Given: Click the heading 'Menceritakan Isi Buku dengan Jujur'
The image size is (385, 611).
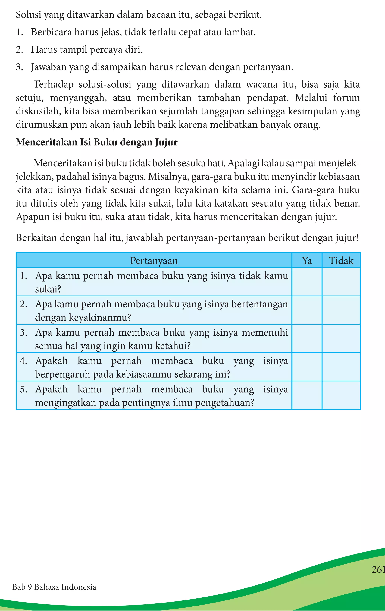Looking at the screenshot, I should tap(96, 142).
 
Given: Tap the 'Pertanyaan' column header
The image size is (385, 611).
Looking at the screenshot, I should tap(154, 261).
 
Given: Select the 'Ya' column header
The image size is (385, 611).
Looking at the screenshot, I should tap(307, 261).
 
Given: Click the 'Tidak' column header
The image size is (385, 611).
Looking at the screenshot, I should tap(341, 261).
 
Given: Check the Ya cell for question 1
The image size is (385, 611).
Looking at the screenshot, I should tap(307, 282).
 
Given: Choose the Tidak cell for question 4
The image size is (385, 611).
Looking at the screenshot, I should tap(341, 367).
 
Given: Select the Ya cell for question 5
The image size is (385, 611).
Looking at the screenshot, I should tap(307, 396).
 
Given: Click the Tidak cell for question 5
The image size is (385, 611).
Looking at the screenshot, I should tap(341, 396).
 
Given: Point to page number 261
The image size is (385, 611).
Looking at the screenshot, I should tap(378, 570).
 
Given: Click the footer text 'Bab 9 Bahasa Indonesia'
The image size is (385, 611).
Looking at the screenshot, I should tap(54, 587).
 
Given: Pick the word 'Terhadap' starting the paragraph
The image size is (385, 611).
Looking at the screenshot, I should tap(54, 84).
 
